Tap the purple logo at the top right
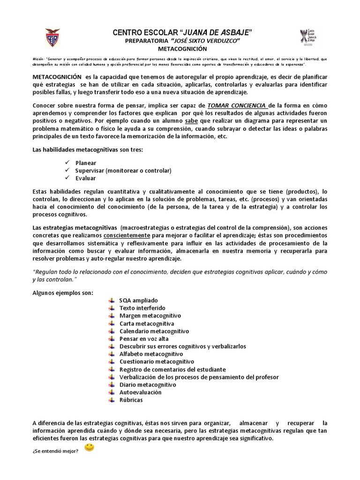[x=307, y=38]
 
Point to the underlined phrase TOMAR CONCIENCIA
[x=237, y=106]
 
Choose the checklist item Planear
[x=86, y=163]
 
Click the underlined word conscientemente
[x=127, y=235]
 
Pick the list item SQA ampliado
[x=139, y=300]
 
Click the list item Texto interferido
[x=142, y=308]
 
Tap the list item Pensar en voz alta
[x=144, y=338]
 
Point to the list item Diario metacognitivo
[x=148, y=384]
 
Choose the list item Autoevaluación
[x=140, y=392]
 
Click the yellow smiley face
[x=89, y=448]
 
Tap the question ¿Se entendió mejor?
[x=56, y=451]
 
